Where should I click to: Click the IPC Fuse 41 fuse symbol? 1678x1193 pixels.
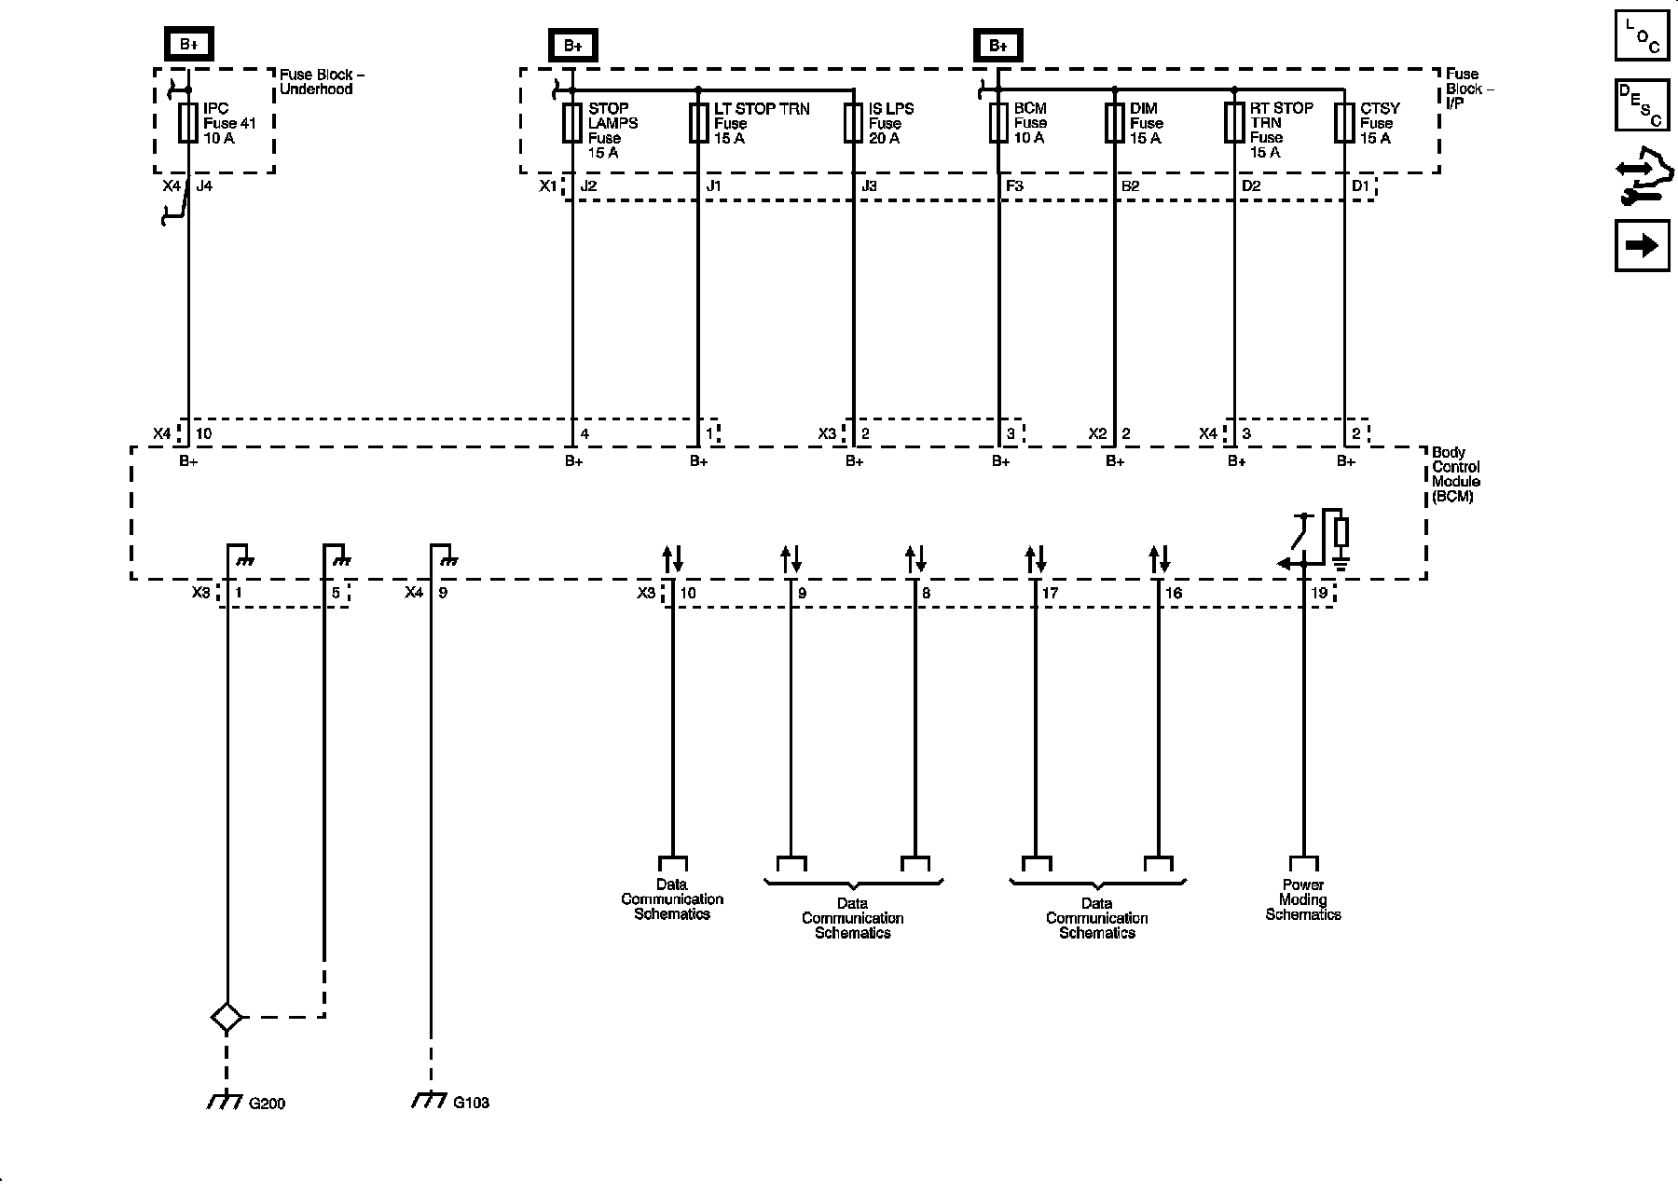[187, 123]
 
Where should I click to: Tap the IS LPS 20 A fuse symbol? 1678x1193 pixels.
[853, 123]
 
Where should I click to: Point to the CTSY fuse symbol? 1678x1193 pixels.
[1343, 123]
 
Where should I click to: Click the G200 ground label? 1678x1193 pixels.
[267, 1104]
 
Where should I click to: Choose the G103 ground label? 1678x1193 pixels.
[472, 1103]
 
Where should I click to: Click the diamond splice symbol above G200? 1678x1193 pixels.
[227, 1017]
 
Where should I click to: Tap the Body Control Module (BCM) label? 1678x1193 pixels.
[1455, 474]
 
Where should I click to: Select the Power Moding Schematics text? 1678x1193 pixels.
[1302, 900]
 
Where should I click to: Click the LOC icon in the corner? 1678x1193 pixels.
[1642, 36]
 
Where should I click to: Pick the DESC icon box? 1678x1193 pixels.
[1642, 105]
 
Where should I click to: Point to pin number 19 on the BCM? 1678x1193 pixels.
[1319, 593]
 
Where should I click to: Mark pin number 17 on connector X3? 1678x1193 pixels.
[1050, 593]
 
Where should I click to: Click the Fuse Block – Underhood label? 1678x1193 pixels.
[316, 81]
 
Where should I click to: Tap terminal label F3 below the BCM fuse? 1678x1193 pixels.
[1014, 186]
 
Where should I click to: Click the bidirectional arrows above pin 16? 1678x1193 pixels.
[1159, 559]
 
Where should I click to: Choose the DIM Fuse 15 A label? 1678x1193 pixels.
[1146, 123]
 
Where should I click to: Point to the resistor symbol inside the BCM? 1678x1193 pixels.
[1341, 532]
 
